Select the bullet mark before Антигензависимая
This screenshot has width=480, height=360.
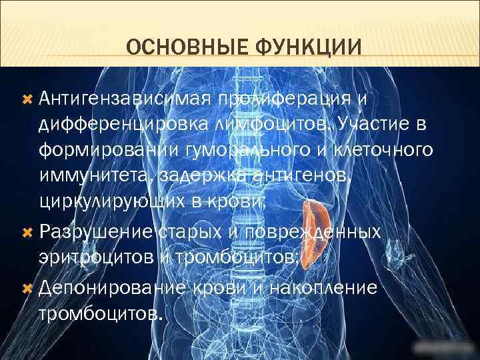[27, 99]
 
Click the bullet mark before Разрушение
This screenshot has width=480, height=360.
[27, 232]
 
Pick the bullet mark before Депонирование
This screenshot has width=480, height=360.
[27, 288]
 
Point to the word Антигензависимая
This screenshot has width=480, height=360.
[124, 99]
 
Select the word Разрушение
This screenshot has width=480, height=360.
[98, 232]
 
